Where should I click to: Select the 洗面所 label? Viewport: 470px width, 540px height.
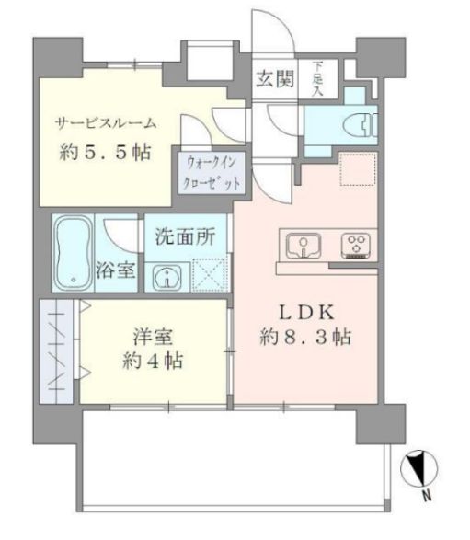click(185, 236)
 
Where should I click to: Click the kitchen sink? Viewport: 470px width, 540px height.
click(300, 246)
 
